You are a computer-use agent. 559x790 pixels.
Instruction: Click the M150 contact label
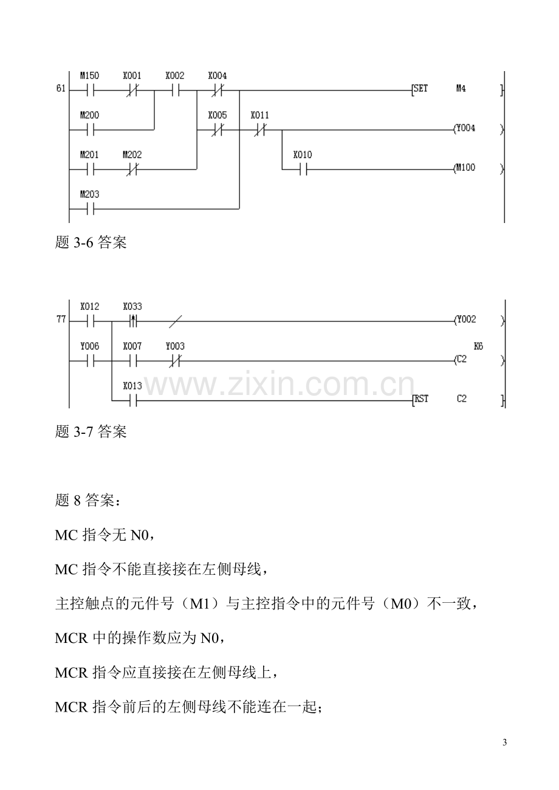(x=89, y=76)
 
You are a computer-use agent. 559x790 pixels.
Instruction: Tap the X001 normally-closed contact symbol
(x=132, y=91)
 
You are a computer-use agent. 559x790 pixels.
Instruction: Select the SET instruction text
(x=420, y=89)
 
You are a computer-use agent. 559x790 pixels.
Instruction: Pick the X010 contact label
(x=303, y=155)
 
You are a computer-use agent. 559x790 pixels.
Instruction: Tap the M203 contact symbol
(x=89, y=209)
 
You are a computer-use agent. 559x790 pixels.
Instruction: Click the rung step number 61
(x=61, y=89)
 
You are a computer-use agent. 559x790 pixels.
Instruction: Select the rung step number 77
(x=61, y=320)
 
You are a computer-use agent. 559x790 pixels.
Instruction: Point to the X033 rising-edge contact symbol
(x=132, y=321)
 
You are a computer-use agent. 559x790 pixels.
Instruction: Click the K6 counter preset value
(x=478, y=346)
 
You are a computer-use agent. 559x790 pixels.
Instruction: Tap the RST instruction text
(x=421, y=399)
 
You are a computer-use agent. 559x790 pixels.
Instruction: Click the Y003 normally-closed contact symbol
(x=175, y=361)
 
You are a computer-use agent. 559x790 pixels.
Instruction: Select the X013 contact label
(x=132, y=386)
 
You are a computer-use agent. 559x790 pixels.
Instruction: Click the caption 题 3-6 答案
(x=91, y=242)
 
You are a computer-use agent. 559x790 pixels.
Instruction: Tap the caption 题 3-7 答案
(x=91, y=431)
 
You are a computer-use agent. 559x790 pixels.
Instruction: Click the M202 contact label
(x=132, y=155)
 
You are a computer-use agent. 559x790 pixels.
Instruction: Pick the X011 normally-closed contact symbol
(x=260, y=130)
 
